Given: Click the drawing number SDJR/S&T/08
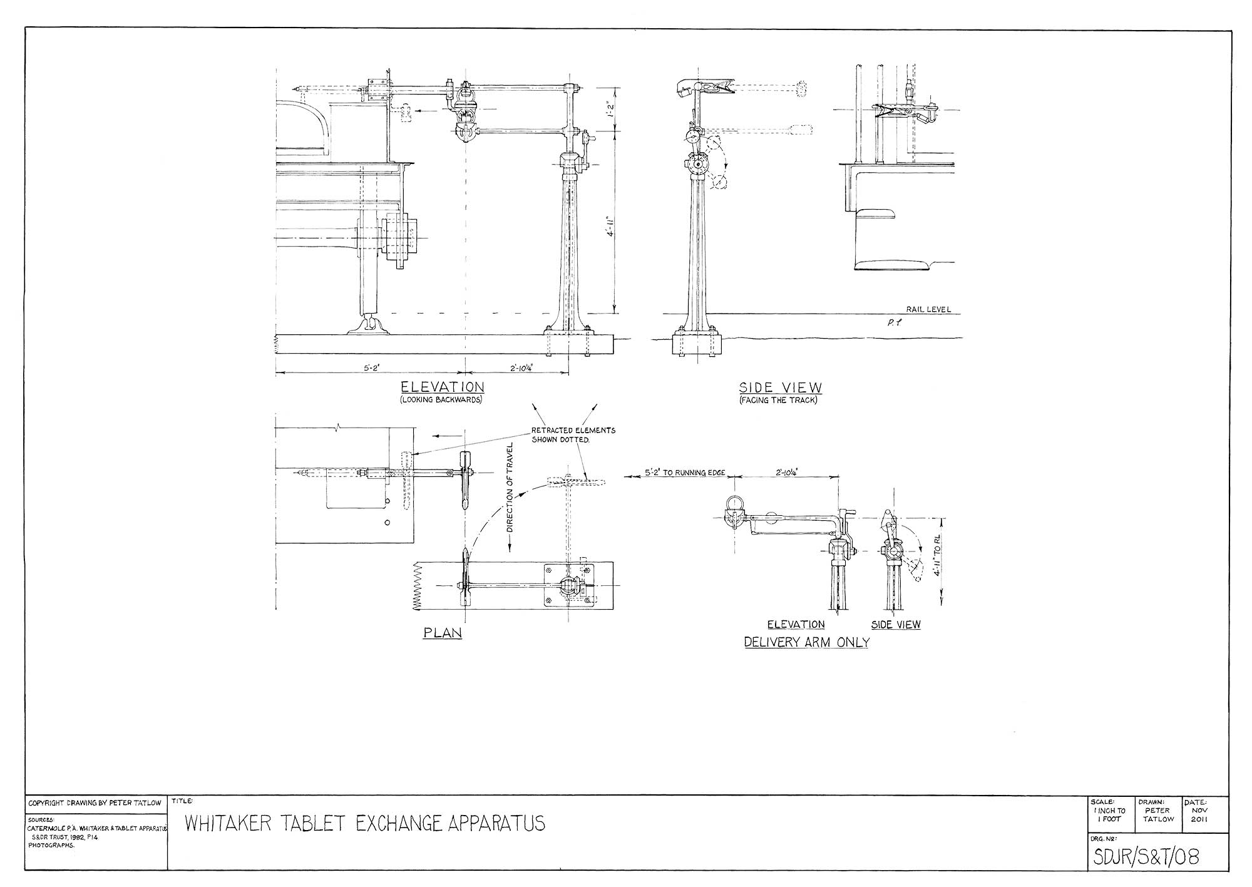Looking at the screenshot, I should click(x=1146, y=856).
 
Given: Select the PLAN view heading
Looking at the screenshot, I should click(x=443, y=633).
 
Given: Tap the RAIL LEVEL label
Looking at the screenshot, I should click(x=928, y=309).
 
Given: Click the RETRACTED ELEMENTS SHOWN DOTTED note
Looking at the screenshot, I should click(x=573, y=434).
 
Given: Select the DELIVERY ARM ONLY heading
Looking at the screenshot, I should click(x=806, y=642).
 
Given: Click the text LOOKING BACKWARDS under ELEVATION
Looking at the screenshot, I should click(x=441, y=399).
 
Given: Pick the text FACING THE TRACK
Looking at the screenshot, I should click(x=778, y=399).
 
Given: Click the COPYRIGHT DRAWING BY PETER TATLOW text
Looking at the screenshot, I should click(x=95, y=802).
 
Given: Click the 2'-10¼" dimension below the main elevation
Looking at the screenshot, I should click(x=517, y=369).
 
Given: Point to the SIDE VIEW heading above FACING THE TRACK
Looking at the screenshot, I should click(x=780, y=387).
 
